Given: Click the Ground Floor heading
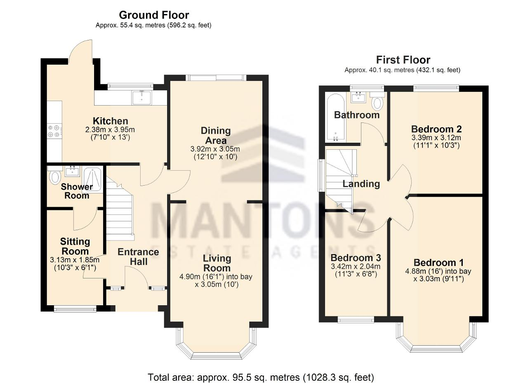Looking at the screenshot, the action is [x=154, y=15].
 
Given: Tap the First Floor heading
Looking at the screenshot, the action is [x=403, y=60].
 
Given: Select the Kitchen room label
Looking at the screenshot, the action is [x=110, y=121].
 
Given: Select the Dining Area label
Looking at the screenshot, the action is [x=216, y=136].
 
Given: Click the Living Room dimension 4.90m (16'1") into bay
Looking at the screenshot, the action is [x=216, y=276].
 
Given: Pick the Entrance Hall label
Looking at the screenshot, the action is [x=138, y=257].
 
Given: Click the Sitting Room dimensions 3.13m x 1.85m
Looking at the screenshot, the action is [x=75, y=260].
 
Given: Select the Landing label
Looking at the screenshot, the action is [x=361, y=184].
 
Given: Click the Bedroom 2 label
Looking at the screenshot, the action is [x=436, y=129].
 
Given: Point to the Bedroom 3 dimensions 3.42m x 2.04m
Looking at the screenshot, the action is [x=356, y=266].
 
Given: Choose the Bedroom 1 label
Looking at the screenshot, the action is [x=438, y=262].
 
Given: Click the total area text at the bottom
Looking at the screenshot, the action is [x=261, y=377].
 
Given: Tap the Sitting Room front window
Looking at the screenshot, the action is [x=75, y=309].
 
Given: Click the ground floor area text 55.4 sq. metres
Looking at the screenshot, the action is [x=143, y=25].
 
